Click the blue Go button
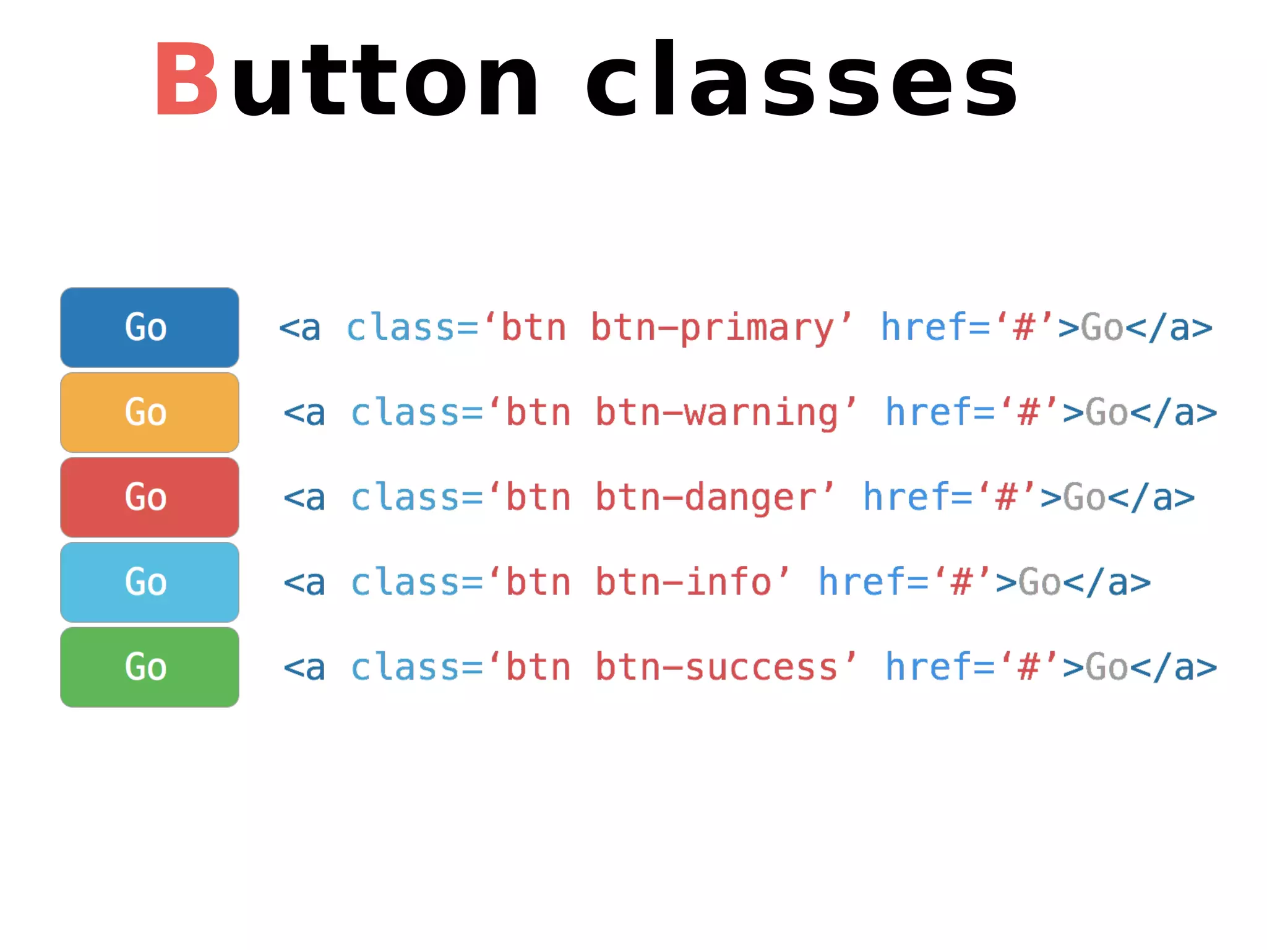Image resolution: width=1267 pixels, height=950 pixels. pos(149,327)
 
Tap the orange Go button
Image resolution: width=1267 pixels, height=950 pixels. pos(149,413)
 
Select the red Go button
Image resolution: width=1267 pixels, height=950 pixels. pos(149,497)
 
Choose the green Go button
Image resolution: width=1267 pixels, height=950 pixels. pos(149,667)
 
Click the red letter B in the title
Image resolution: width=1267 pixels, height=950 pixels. pos(186,79)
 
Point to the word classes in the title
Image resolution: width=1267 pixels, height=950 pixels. pos(801,79)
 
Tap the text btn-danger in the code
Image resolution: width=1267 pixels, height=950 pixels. pos(706,498)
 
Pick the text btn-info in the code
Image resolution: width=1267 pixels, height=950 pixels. pos(684,583)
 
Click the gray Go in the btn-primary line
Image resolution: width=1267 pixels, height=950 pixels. pos(1102,328)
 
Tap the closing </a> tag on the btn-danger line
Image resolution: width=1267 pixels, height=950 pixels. pos(1151,498)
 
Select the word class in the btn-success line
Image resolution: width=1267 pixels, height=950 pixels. pos(405,668)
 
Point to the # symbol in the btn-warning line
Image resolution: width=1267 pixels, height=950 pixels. pos(1028,413)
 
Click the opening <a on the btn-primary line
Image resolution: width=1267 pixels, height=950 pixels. pos(300,328)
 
